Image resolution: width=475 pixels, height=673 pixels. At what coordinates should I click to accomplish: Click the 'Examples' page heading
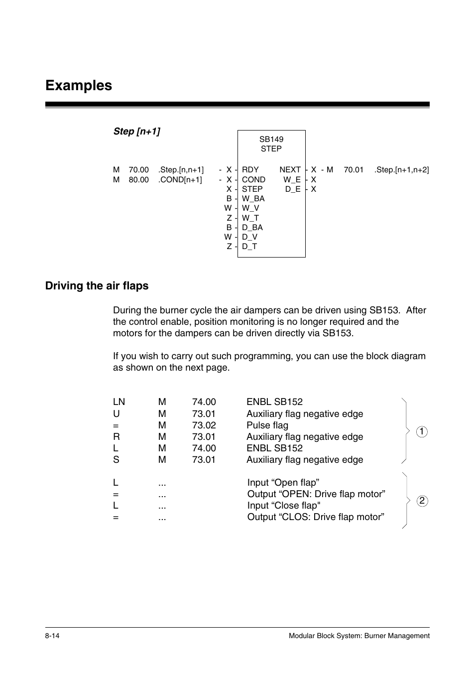(79, 86)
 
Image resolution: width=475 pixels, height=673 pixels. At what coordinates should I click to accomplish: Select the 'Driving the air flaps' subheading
(97, 286)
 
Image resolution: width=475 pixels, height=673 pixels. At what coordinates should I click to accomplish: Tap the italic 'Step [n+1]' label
(136, 132)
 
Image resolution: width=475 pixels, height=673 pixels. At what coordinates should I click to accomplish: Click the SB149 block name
(271, 139)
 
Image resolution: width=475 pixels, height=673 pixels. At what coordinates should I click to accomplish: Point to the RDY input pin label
(250, 170)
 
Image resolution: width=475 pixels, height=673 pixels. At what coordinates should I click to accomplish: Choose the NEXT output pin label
(290, 170)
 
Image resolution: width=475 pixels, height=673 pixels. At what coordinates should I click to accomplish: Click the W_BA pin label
(253, 199)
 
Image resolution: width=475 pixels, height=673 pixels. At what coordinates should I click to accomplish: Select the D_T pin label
(249, 247)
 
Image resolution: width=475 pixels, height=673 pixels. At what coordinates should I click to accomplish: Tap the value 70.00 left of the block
(138, 170)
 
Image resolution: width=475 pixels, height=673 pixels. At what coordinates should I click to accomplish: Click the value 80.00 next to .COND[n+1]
(138, 180)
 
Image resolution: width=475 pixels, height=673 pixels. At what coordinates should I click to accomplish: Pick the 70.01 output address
(354, 170)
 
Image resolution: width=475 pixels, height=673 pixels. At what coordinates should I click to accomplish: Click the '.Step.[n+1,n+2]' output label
(401, 170)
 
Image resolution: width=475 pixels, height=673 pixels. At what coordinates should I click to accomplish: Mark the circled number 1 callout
(422, 432)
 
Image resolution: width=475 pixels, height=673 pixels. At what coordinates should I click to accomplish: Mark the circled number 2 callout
(422, 501)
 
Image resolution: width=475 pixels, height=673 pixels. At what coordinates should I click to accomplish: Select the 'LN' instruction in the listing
(119, 402)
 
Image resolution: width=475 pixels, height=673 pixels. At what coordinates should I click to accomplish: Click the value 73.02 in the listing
(204, 425)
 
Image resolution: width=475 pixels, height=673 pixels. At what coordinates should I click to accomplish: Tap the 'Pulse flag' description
(267, 425)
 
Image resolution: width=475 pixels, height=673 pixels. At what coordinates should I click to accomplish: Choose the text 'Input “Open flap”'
(283, 483)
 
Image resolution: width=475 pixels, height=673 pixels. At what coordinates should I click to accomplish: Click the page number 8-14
(52, 636)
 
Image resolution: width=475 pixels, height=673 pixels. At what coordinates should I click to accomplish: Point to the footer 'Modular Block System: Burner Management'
(359, 636)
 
